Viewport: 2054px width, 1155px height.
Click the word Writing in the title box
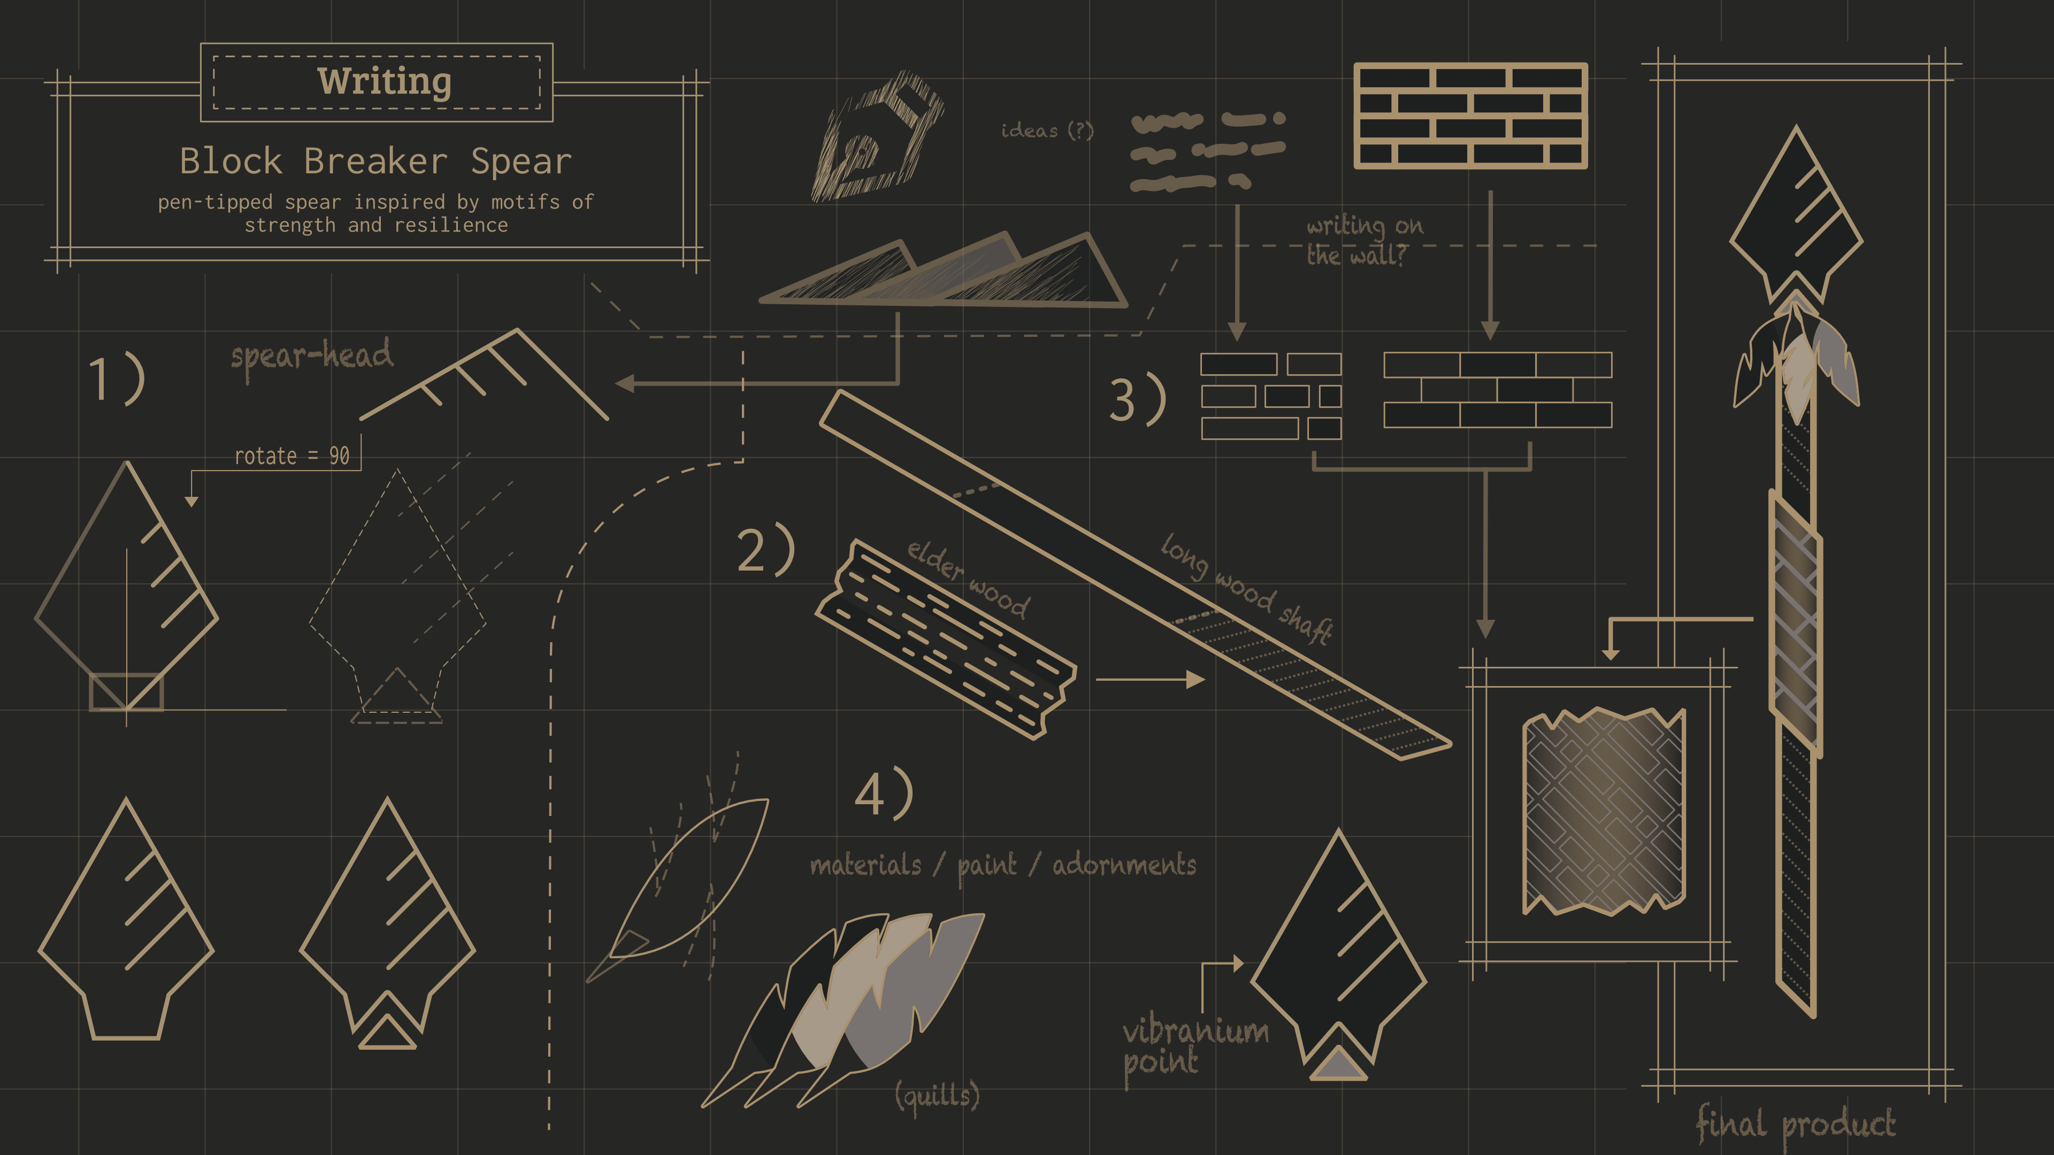tap(385, 81)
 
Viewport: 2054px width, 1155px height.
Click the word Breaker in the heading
tap(375, 162)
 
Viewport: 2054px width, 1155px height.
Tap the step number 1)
tap(117, 380)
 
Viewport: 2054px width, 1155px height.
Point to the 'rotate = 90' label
tap(292, 456)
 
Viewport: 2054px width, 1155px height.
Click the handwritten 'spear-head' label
tap(312, 356)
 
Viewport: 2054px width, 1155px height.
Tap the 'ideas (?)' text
tap(1047, 130)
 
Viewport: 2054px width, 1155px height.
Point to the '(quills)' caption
tap(937, 1096)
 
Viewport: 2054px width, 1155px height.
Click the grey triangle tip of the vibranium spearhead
tap(1338, 1067)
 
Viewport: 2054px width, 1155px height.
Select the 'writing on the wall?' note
tap(1363, 240)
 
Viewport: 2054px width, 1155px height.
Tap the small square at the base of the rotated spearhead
tap(126, 692)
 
